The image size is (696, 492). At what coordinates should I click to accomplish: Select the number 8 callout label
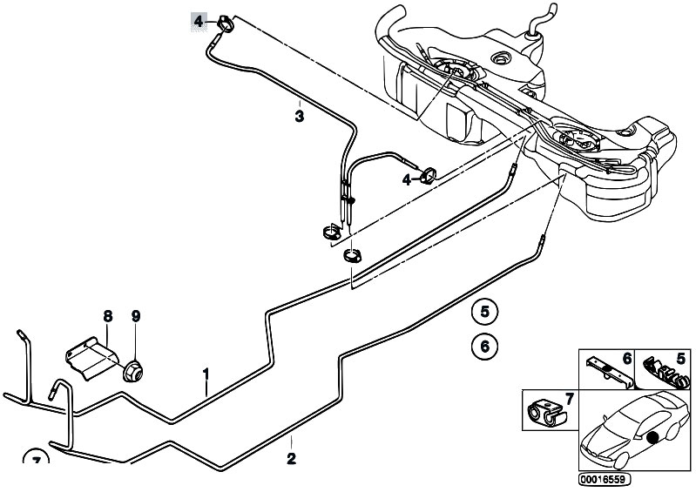click(x=108, y=315)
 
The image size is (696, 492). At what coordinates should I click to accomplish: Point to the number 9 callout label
click(x=135, y=315)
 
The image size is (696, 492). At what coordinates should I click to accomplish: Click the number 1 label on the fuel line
click(x=206, y=375)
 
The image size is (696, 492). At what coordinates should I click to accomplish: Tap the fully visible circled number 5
click(x=485, y=310)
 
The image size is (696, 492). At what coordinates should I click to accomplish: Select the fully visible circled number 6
click(x=485, y=346)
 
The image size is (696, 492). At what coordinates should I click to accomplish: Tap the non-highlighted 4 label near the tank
click(x=406, y=179)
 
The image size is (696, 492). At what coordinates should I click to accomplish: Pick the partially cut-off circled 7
click(x=36, y=461)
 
